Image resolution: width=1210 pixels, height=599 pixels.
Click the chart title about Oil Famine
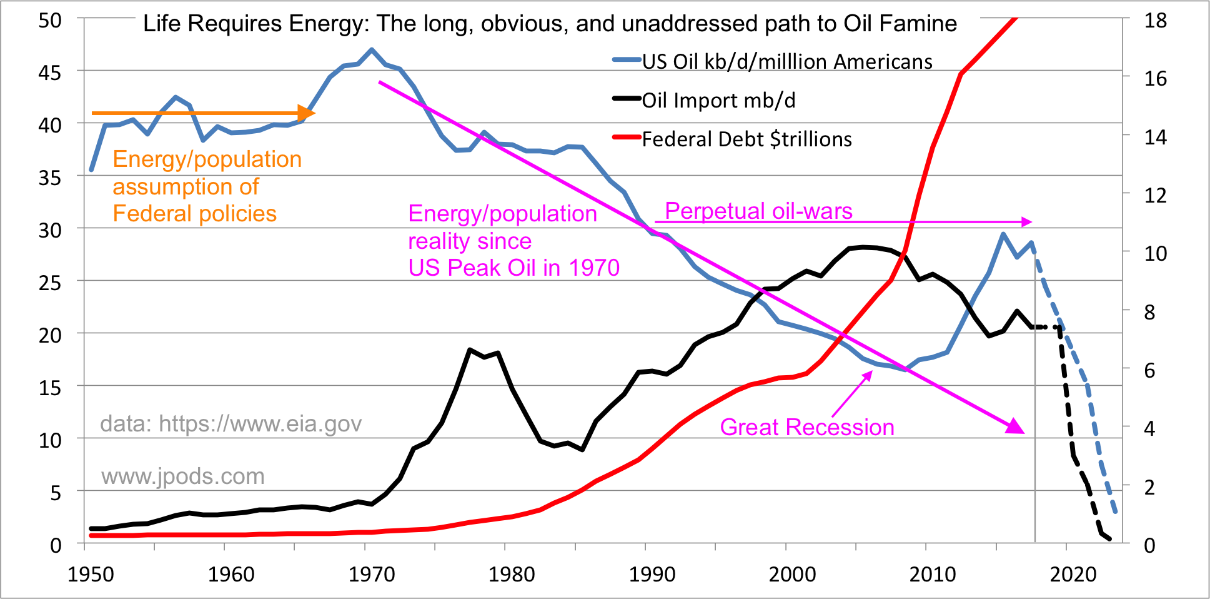pyautogui.click(x=550, y=24)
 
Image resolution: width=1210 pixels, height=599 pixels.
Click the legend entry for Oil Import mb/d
pyautogui.click(x=718, y=100)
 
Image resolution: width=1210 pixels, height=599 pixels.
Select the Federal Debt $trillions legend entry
pyautogui.click(x=746, y=139)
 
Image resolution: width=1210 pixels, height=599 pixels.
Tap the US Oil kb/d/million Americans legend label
pyautogui.click(x=787, y=61)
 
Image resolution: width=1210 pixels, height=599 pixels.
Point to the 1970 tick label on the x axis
pyautogui.click(x=372, y=574)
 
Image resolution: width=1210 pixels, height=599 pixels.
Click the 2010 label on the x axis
pyautogui.click(x=932, y=574)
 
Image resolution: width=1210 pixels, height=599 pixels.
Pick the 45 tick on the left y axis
pyautogui.click(x=50, y=73)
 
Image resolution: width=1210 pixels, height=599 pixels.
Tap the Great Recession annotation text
pyautogui.click(x=807, y=427)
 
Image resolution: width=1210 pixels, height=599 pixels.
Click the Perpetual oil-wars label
pyautogui.click(x=758, y=211)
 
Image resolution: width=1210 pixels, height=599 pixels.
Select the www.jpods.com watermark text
pyautogui.click(x=183, y=476)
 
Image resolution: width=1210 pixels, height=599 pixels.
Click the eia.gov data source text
pyautogui.click(x=231, y=424)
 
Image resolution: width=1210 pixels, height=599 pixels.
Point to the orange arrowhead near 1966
pyautogui.click(x=307, y=113)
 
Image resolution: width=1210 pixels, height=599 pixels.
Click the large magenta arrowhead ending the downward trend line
pyautogui.click(x=1015, y=426)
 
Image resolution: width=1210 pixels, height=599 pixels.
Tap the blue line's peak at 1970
pyautogui.click(x=372, y=49)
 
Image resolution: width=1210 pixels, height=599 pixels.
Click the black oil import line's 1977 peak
pyautogui.click(x=470, y=350)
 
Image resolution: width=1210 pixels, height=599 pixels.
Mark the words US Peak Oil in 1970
pyautogui.click(x=513, y=268)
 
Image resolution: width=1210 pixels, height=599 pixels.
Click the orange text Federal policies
pyautogui.click(x=194, y=214)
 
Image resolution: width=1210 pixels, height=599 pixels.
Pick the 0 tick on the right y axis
pyautogui.click(x=1149, y=545)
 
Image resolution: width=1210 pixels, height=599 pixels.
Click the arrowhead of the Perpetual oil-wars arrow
pyautogui.click(x=1027, y=222)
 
